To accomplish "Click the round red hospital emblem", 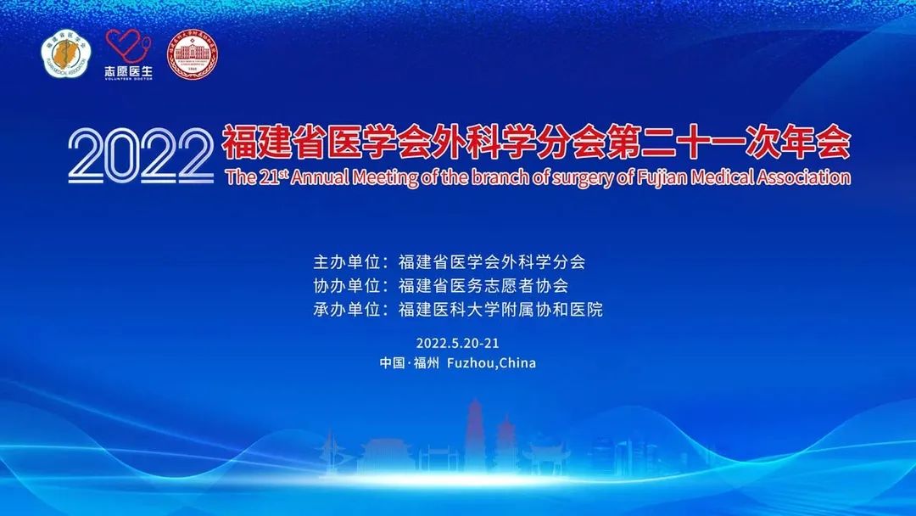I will tap(190, 54).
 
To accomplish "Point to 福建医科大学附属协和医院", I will tap(500, 310).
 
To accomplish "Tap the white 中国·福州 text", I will tap(410, 363).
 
